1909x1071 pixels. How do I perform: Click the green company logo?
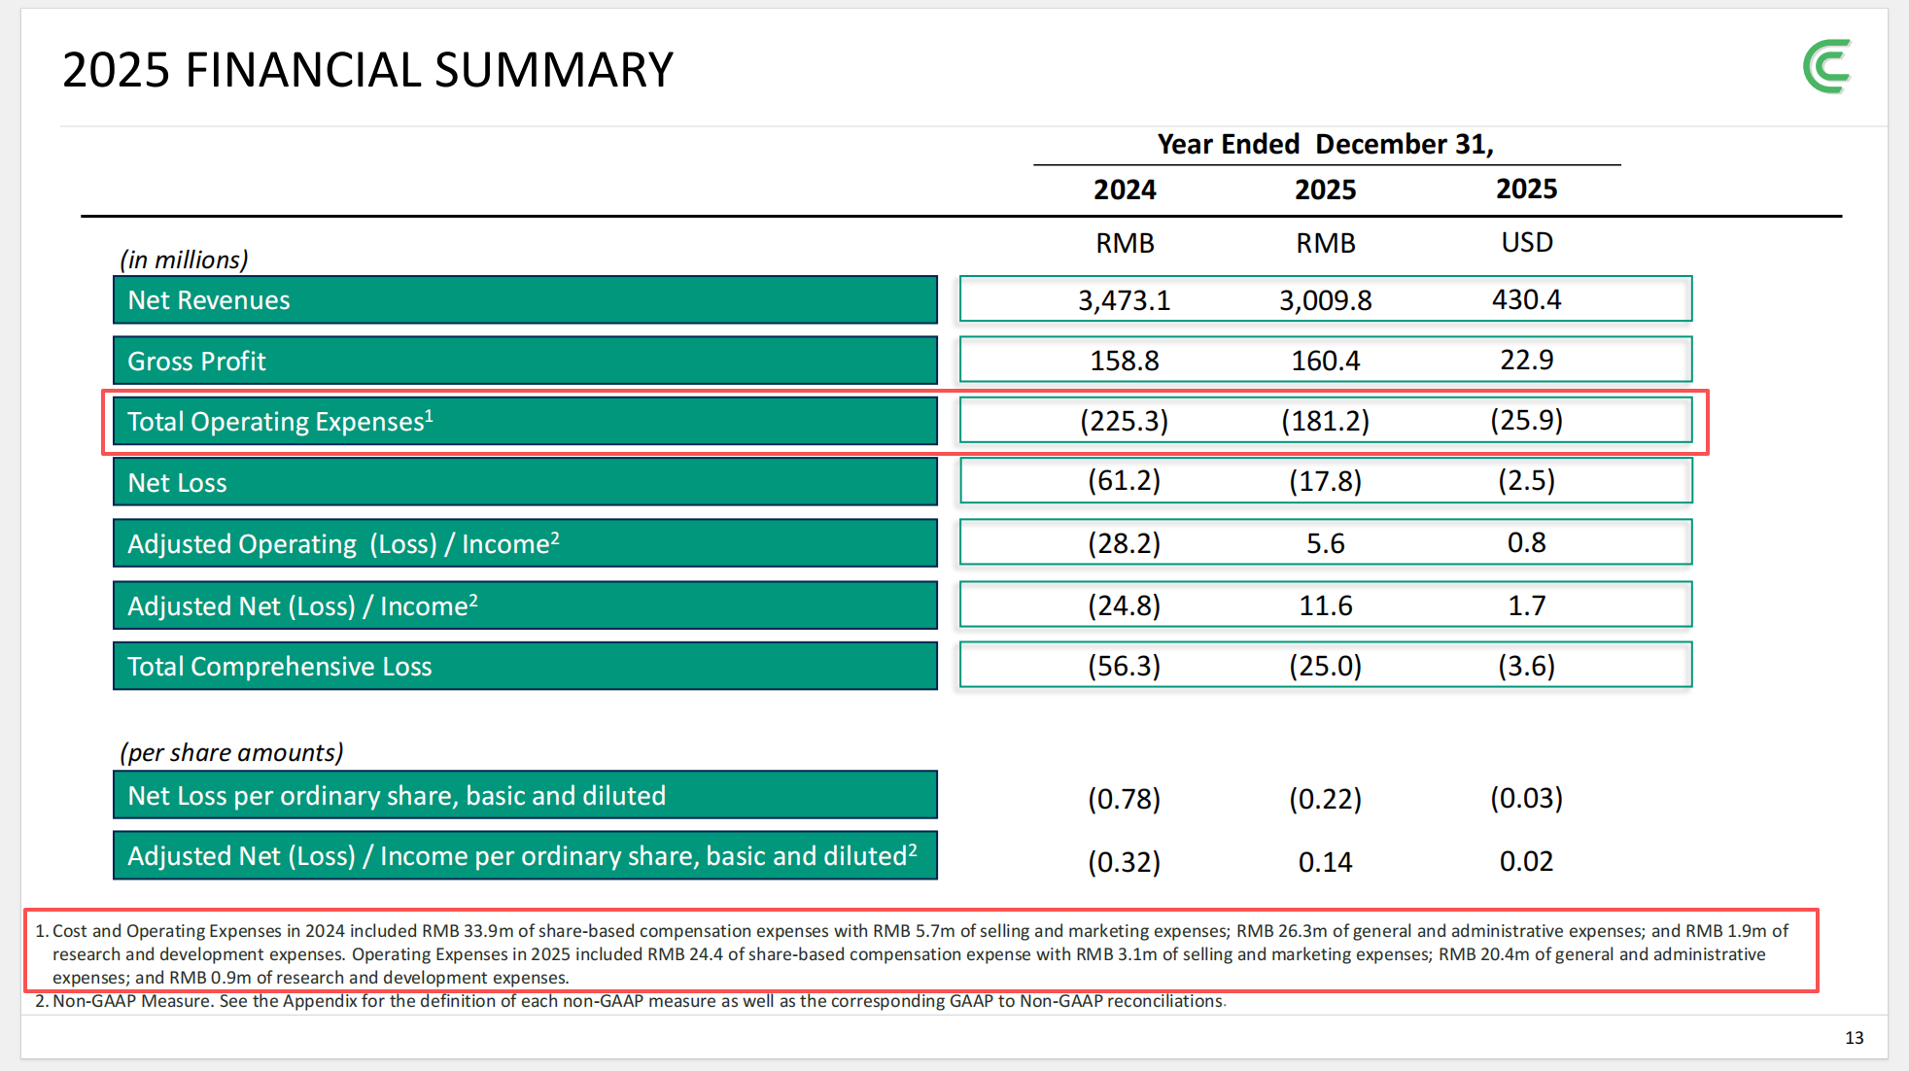click(1827, 67)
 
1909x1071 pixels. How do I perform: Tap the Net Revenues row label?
click(209, 300)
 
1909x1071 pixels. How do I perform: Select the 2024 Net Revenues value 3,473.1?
click(1125, 300)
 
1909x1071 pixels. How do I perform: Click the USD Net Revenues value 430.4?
click(1526, 299)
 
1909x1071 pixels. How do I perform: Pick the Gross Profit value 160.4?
click(1326, 361)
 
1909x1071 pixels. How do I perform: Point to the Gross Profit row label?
click(196, 362)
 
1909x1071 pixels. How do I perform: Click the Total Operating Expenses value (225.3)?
click(1125, 421)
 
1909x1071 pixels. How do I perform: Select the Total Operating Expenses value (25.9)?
click(1526, 420)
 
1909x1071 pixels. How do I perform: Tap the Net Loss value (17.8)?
click(1326, 481)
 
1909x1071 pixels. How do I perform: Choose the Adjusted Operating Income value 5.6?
click(1326, 543)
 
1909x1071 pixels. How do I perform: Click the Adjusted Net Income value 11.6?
click(1326, 605)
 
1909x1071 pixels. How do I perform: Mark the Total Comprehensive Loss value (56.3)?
click(1125, 666)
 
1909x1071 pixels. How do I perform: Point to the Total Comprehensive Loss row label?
click(280, 667)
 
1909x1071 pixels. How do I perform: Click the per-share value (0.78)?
click(1125, 799)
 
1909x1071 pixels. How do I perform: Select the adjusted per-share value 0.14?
click(1326, 862)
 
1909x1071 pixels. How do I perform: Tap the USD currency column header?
click(1527, 242)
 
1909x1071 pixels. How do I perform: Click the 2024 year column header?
click(1125, 190)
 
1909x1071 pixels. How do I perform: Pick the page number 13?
click(1855, 1038)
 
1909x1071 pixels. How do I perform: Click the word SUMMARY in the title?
click(554, 70)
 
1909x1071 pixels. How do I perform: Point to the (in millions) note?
click(184, 259)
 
